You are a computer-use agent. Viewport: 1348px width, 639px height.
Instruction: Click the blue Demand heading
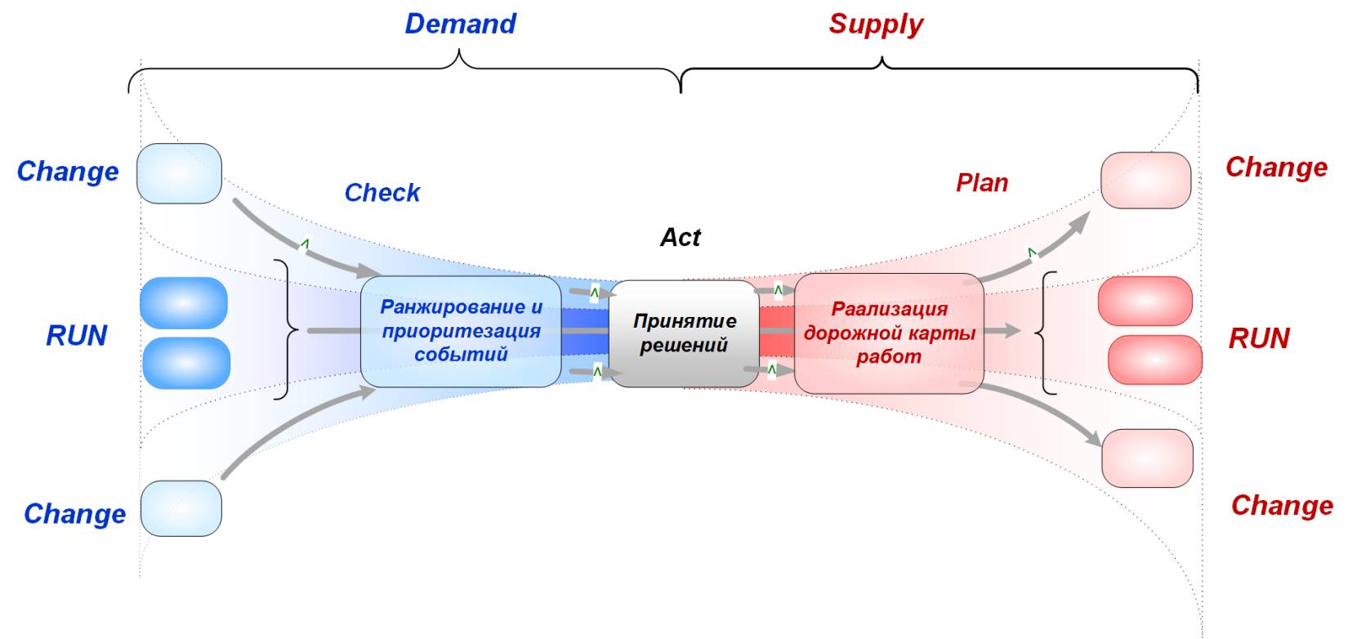(x=460, y=24)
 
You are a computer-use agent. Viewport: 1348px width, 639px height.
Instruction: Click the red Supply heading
(x=876, y=24)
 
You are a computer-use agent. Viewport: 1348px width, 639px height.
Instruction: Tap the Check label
(x=382, y=193)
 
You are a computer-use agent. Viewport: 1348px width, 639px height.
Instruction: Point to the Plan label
(x=982, y=183)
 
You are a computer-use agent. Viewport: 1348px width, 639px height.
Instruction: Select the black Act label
(x=680, y=238)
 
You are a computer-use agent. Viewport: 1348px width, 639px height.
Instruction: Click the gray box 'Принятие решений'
(x=685, y=333)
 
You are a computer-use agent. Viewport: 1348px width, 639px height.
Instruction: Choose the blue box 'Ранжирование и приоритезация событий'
(x=461, y=331)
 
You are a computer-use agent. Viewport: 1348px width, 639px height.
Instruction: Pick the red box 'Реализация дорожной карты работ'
(x=889, y=333)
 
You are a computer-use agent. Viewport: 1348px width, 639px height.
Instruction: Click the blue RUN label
(x=77, y=336)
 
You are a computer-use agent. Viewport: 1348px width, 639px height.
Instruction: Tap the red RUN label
(x=1259, y=338)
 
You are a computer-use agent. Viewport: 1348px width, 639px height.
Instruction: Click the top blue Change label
(x=68, y=172)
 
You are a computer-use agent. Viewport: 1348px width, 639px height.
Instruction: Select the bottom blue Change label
(x=75, y=514)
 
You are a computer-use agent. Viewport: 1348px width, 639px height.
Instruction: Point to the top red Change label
(x=1276, y=168)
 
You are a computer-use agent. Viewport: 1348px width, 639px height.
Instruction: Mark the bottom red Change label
(x=1282, y=506)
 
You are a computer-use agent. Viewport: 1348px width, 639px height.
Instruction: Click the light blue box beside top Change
(x=179, y=173)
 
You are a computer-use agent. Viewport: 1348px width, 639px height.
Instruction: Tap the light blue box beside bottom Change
(x=181, y=508)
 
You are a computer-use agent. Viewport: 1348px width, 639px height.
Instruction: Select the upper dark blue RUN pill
(x=184, y=302)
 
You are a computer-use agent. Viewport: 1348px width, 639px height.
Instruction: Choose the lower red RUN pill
(x=1154, y=360)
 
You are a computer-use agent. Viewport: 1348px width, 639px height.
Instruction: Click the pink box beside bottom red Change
(x=1147, y=458)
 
